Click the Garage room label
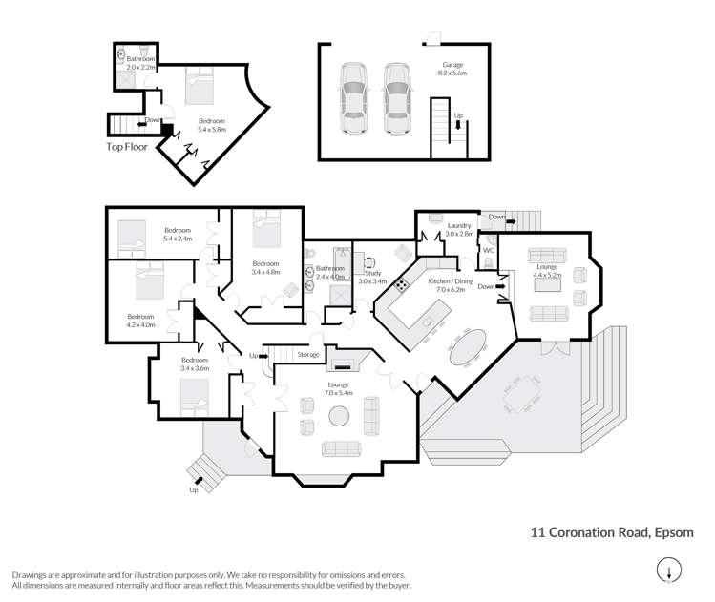click(x=452, y=65)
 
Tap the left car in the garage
click(x=354, y=98)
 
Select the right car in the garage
click(x=398, y=99)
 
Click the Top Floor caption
click(x=127, y=147)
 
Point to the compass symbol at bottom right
click(x=669, y=571)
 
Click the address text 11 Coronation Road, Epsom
click(x=612, y=532)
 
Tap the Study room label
click(x=373, y=273)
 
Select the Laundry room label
click(x=459, y=225)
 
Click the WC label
click(x=489, y=250)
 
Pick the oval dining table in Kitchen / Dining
click(x=468, y=347)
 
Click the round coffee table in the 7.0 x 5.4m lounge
click(x=339, y=416)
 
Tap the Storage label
click(x=308, y=354)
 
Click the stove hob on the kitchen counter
click(x=402, y=285)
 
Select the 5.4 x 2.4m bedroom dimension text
click(x=178, y=239)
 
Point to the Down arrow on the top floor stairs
click(x=142, y=123)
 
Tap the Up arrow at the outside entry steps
click(x=199, y=480)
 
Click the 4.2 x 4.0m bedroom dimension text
click(x=141, y=325)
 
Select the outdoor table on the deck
click(x=522, y=394)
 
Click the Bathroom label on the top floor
click(x=141, y=59)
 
